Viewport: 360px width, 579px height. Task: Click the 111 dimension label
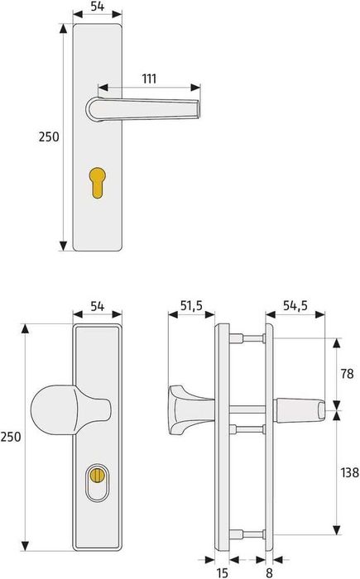(149, 79)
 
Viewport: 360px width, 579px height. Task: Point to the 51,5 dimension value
(191, 306)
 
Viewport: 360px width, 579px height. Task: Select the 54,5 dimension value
(295, 306)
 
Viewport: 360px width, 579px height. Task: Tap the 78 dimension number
(348, 373)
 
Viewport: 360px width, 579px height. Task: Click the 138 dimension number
(348, 473)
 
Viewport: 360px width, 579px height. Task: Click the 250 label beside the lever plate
(48, 137)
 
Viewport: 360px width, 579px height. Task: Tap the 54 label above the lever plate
(97, 7)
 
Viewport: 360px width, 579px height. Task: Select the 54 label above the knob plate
(97, 306)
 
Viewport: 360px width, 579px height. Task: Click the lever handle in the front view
(145, 108)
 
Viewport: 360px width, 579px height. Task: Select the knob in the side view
(189, 408)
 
